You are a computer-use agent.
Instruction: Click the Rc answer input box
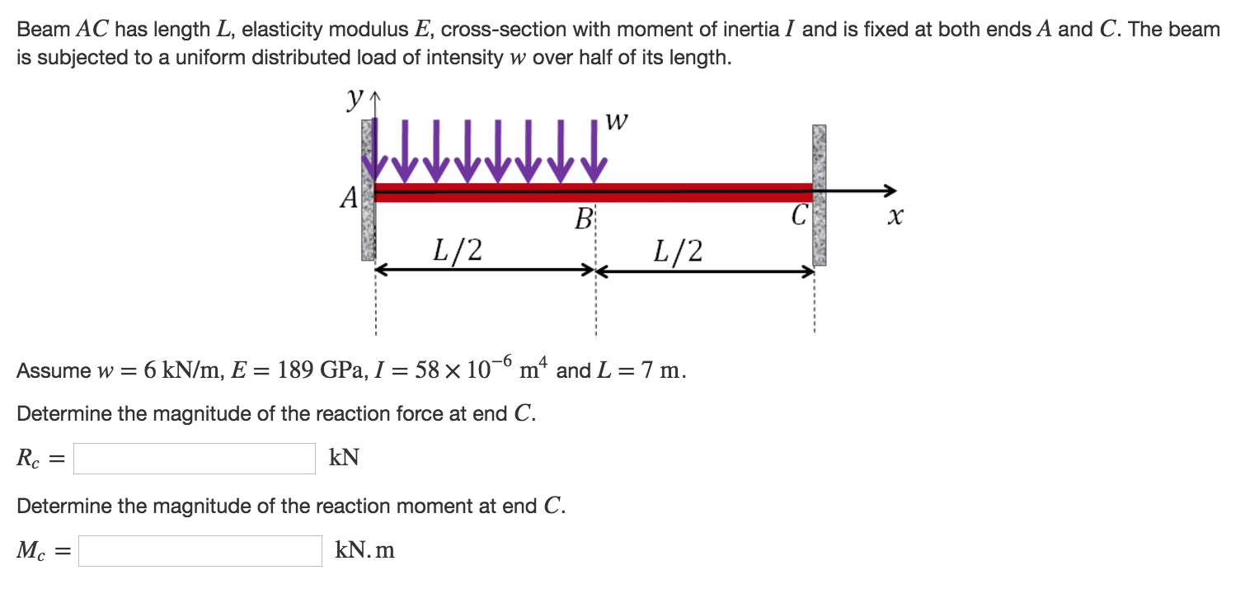194,459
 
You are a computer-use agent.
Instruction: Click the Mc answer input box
200,551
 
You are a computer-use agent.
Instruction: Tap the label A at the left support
350,198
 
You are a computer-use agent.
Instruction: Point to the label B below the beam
584,220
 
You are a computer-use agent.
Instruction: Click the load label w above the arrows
617,122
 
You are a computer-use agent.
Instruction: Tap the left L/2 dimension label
458,249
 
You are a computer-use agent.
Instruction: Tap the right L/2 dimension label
678,249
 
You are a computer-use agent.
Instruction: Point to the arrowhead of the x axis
889,191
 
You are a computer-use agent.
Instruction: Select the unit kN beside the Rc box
344,458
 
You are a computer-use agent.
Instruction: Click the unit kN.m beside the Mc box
364,550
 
